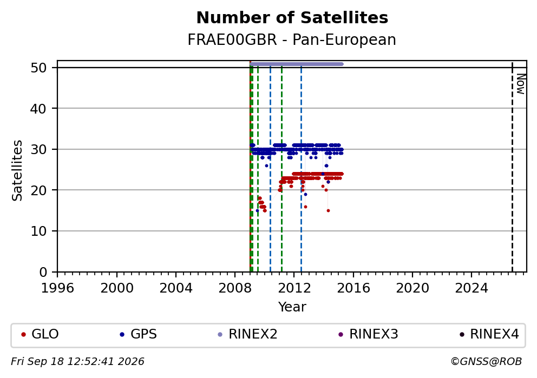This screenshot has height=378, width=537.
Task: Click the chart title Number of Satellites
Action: (x=292, y=18)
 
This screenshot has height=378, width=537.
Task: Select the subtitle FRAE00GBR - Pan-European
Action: (x=292, y=39)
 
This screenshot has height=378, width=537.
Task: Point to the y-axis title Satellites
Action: (x=17, y=170)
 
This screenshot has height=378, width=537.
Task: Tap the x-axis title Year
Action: (x=292, y=307)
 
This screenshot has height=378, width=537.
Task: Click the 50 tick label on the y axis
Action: (x=38, y=68)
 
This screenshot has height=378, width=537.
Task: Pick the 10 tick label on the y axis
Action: (x=38, y=231)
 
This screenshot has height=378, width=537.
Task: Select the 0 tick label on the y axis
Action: (x=43, y=273)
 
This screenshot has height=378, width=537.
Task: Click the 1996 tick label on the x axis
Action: (x=57, y=288)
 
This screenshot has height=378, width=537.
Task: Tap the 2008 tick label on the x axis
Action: (x=235, y=288)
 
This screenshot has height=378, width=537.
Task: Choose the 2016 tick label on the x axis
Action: (x=353, y=288)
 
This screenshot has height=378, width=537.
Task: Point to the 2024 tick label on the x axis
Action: (x=471, y=288)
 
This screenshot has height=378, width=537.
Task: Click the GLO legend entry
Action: (x=40, y=334)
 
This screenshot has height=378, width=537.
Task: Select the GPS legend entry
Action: (x=139, y=334)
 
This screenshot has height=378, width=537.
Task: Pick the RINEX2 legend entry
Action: (x=247, y=334)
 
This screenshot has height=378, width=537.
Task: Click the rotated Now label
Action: (x=521, y=84)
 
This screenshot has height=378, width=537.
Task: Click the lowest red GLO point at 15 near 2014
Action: (x=328, y=211)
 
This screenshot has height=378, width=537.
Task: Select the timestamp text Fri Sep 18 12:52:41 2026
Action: (x=78, y=362)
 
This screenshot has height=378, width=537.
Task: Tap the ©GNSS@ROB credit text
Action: (x=486, y=362)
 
